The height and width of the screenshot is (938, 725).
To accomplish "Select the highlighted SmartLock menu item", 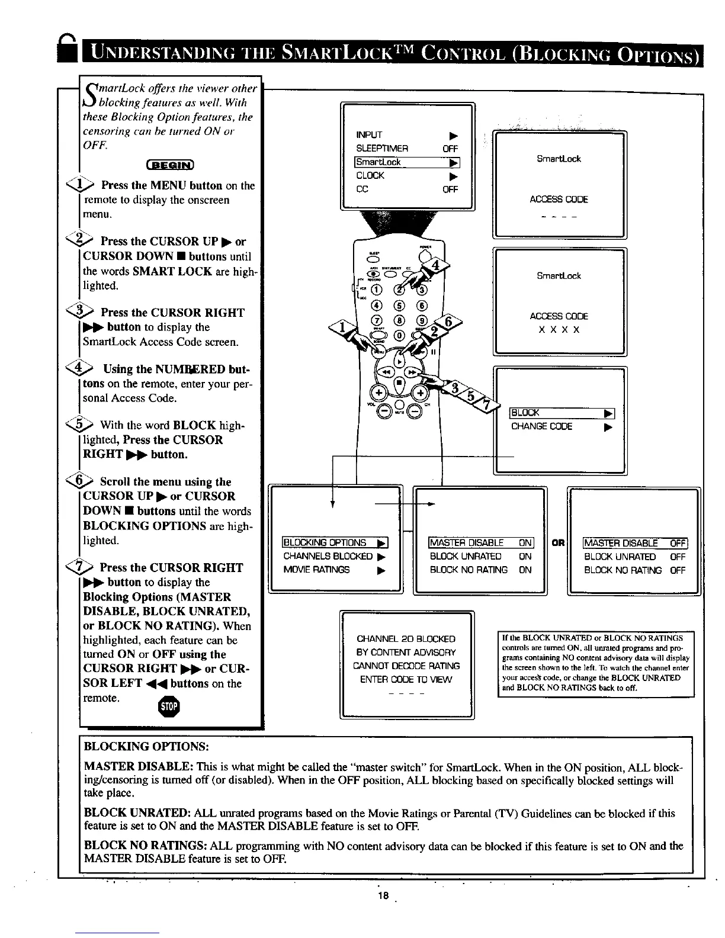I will (407, 162).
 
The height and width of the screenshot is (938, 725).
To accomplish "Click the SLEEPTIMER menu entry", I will (382, 149).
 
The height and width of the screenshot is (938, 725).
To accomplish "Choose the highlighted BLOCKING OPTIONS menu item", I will (335, 543).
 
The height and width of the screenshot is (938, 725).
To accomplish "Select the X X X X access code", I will (559, 330).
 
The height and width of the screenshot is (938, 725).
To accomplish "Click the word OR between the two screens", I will (557, 543).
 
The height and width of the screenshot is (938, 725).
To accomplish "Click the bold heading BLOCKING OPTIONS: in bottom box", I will (146, 745).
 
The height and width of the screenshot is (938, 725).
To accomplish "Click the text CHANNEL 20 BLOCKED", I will (406, 639).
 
